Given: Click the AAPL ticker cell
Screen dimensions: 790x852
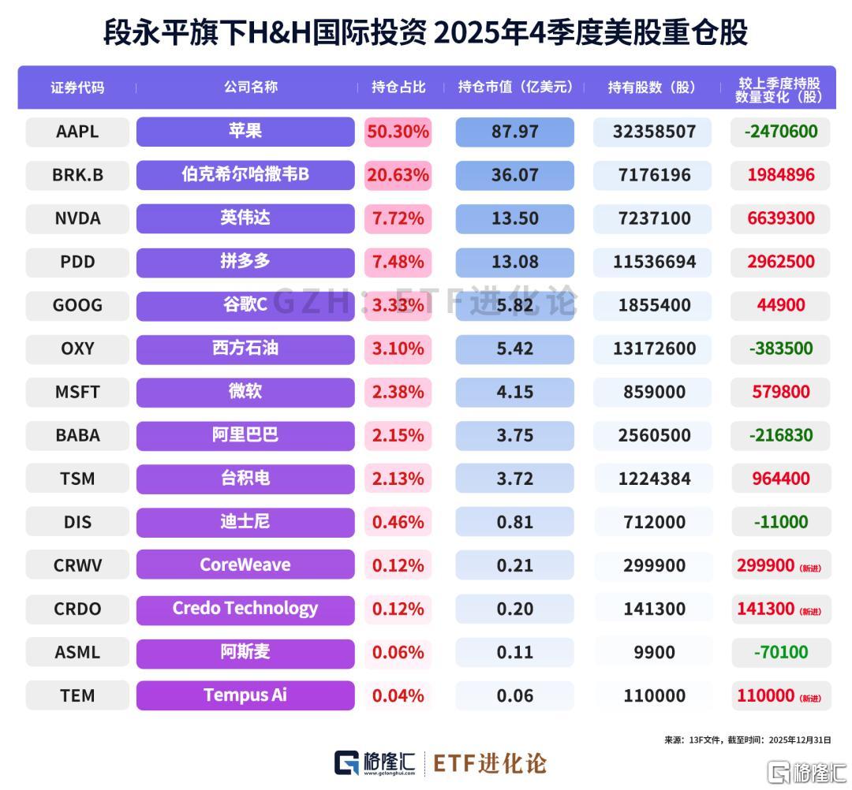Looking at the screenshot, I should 77,132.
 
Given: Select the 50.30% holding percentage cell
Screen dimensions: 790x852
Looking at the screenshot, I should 398,132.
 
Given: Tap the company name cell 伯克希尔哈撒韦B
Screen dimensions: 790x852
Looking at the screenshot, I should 245,175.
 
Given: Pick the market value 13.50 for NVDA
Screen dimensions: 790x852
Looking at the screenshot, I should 514,218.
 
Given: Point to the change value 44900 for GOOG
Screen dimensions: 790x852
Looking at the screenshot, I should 780,305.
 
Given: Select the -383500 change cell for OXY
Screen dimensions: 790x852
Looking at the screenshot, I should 780,348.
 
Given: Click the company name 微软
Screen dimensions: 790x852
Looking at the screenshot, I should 245,391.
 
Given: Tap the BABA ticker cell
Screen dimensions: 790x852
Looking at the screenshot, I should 77,435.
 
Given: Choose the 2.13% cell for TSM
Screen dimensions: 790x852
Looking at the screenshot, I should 398,479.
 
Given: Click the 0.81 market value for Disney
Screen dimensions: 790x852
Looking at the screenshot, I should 514,522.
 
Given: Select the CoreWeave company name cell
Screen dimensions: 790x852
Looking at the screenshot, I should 245,565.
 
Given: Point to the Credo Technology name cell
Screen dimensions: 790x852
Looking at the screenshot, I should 245,609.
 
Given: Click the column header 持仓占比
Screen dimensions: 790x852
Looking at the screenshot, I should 398,88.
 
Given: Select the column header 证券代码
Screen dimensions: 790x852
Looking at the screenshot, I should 77,88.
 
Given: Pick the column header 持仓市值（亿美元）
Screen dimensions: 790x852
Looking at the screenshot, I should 515,88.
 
